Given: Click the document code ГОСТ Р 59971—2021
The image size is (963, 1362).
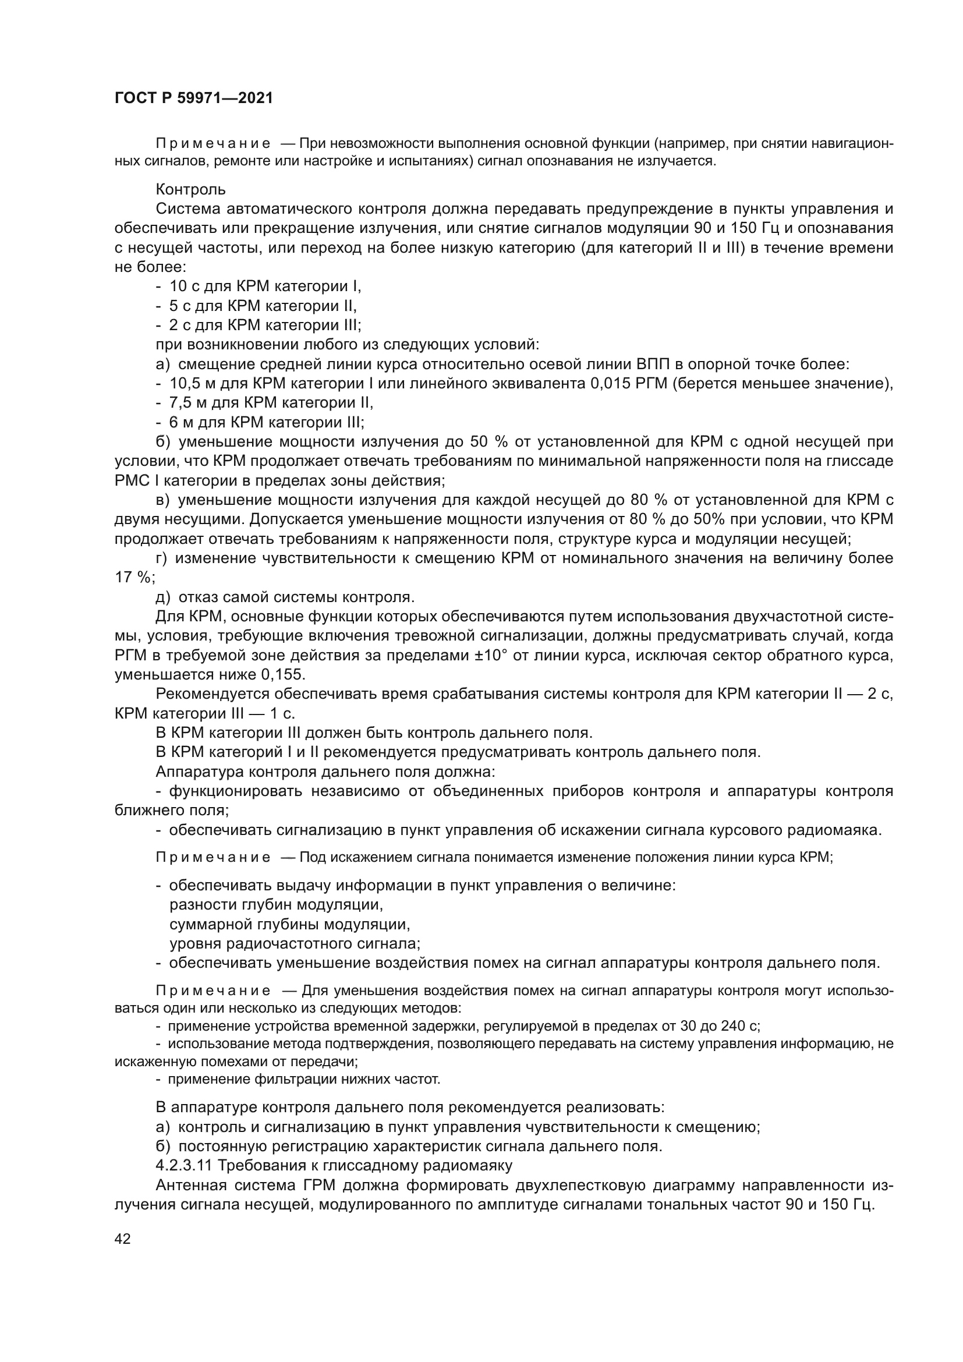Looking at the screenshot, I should [193, 98].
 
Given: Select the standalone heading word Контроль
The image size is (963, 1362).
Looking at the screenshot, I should [190, 189].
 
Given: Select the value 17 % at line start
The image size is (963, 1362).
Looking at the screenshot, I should [134, 577].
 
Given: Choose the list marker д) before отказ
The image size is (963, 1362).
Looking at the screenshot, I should [163, 597].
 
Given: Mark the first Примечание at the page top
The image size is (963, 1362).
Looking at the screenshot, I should [213, 143].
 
